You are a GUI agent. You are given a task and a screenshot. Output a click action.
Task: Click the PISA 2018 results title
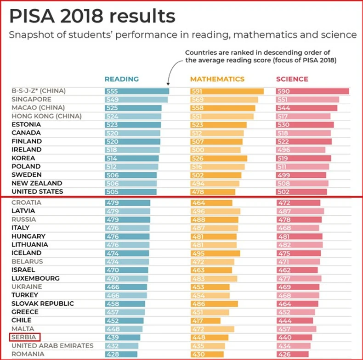[x=92, y=16]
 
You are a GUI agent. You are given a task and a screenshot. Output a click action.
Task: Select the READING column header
[x=121, y=79]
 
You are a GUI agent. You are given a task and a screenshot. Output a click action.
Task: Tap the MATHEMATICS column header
[x=217, y=79]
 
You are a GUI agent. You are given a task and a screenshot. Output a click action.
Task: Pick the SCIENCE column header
[x=292, y=79]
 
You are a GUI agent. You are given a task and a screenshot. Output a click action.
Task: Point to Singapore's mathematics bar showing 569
[x=224, y=99]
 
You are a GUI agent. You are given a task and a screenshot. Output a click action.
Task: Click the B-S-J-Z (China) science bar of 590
[x=312, y=91]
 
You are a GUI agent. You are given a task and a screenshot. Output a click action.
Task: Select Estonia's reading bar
[x=133, y=124]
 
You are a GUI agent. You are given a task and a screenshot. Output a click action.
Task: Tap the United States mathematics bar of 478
[x=213, y=191]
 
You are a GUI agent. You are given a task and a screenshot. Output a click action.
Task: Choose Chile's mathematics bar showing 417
[x=205, y=320]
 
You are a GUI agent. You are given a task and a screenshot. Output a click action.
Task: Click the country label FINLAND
[x=26, y=141]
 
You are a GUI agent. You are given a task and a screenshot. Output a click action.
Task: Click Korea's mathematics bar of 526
[x=219, y=158]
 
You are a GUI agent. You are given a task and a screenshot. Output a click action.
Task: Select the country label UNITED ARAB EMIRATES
[x=52, y=346]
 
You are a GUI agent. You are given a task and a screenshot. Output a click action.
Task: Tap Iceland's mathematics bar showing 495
[x=215, y=253]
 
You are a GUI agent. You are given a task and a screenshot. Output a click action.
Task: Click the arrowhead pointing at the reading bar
[x=168, y=84]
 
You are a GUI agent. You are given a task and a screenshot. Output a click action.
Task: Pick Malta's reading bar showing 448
[x=124, y=329]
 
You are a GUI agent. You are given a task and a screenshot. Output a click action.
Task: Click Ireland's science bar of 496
[x=301, y=150]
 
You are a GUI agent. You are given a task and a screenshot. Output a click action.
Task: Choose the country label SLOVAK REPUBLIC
[x=43, y=304]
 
